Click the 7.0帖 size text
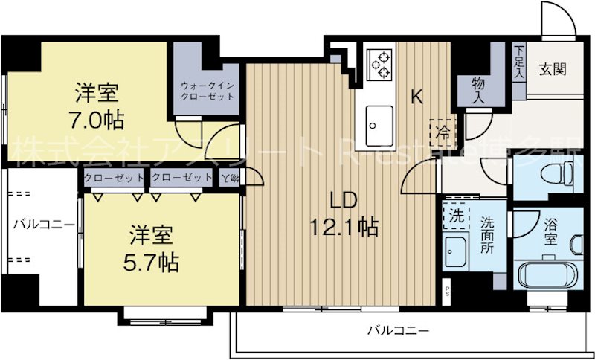tap(98, 118)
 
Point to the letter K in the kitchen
tap(418, 95)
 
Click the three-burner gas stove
tap(381, 64)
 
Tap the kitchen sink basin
tap(380, 119)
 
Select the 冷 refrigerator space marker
tap(444, 130)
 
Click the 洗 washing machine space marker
tap(453, 215)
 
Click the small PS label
tap(447, 289)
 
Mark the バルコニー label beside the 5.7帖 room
tap(42, 223)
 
